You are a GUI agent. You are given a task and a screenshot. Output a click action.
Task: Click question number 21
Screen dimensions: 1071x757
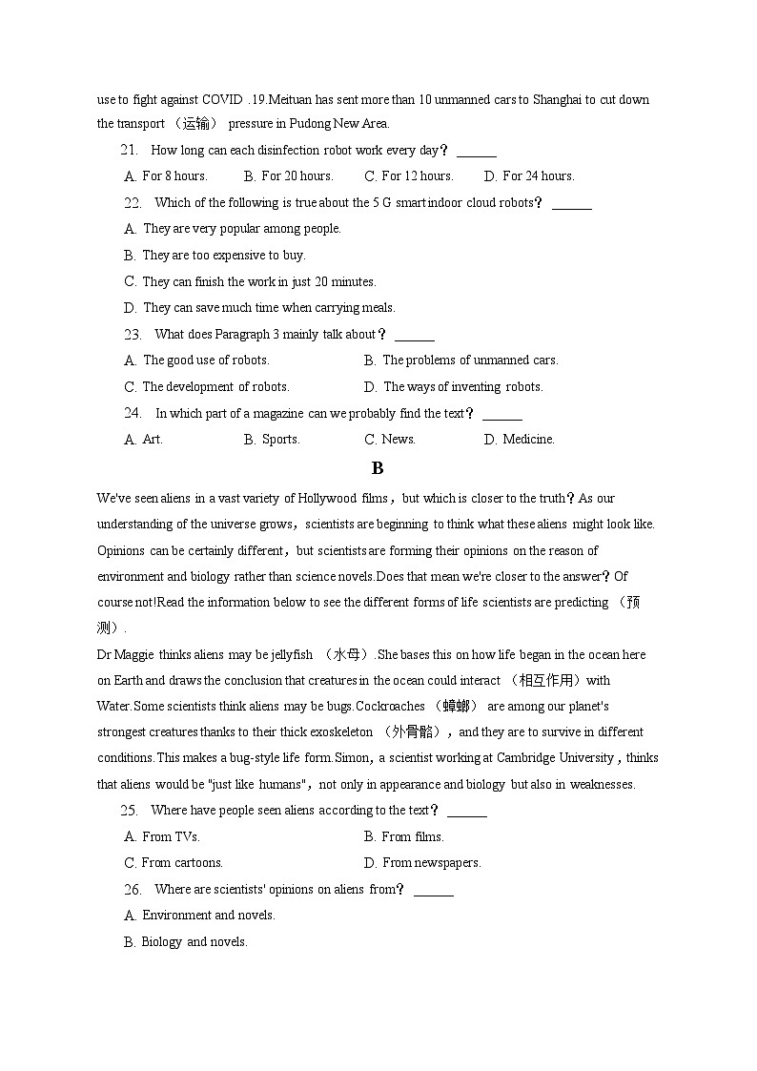click(130, 150)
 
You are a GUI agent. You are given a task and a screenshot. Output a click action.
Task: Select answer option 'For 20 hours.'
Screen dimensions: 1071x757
click(297, 175)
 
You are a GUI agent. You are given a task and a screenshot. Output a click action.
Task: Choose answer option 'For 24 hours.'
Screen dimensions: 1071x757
click(538, 175)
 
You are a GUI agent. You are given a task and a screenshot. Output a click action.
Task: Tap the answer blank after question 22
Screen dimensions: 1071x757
click(571, 203)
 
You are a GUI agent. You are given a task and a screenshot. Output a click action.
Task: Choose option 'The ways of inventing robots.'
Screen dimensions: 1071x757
click(462, 386)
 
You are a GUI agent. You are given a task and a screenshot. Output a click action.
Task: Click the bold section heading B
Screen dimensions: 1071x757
click(378, 468)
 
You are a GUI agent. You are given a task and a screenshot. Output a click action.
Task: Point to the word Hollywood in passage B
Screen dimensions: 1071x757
click(327, 498)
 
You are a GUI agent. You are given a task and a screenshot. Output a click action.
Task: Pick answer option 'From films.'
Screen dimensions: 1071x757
click(412, 836)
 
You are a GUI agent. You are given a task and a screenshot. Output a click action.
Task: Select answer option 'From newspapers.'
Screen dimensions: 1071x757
click(431, 862)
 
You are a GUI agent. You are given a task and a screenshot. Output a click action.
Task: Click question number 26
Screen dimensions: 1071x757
click(133, 889)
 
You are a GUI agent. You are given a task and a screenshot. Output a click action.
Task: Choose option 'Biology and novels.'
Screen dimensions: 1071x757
click(194, 941)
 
